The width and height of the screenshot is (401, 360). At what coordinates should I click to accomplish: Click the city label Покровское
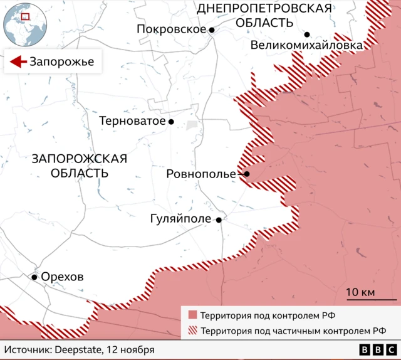click(x=171, y=29)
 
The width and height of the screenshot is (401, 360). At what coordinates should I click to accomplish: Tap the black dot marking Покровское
click(x=212, y=30)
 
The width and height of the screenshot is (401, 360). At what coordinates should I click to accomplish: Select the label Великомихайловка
click(x=306, y=46)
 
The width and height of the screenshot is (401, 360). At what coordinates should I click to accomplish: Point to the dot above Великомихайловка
click(x=307, y=34)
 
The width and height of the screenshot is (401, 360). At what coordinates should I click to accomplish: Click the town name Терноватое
click(x=132, y=121)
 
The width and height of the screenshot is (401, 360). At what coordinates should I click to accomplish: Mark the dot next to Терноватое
click(x=170, y=122)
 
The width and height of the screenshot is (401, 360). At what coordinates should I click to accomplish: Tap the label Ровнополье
click(x=200, y=174)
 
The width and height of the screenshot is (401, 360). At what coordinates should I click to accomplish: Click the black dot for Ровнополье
click(x=247, y=174)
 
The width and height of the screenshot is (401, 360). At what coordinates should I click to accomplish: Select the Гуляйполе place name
click(x=181, y=220)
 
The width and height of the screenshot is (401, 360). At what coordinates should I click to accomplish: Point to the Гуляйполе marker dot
click(x=218, y=220)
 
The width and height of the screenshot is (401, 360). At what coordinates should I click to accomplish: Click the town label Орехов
click(x=61, y=277)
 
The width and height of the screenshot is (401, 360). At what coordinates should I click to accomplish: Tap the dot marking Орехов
click(x=34, y=277)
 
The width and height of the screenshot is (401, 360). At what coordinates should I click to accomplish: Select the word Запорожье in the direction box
click(x=61, y=61)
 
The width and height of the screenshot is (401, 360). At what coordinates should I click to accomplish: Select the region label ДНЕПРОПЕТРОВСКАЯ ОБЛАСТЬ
click(x=264, y=15)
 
